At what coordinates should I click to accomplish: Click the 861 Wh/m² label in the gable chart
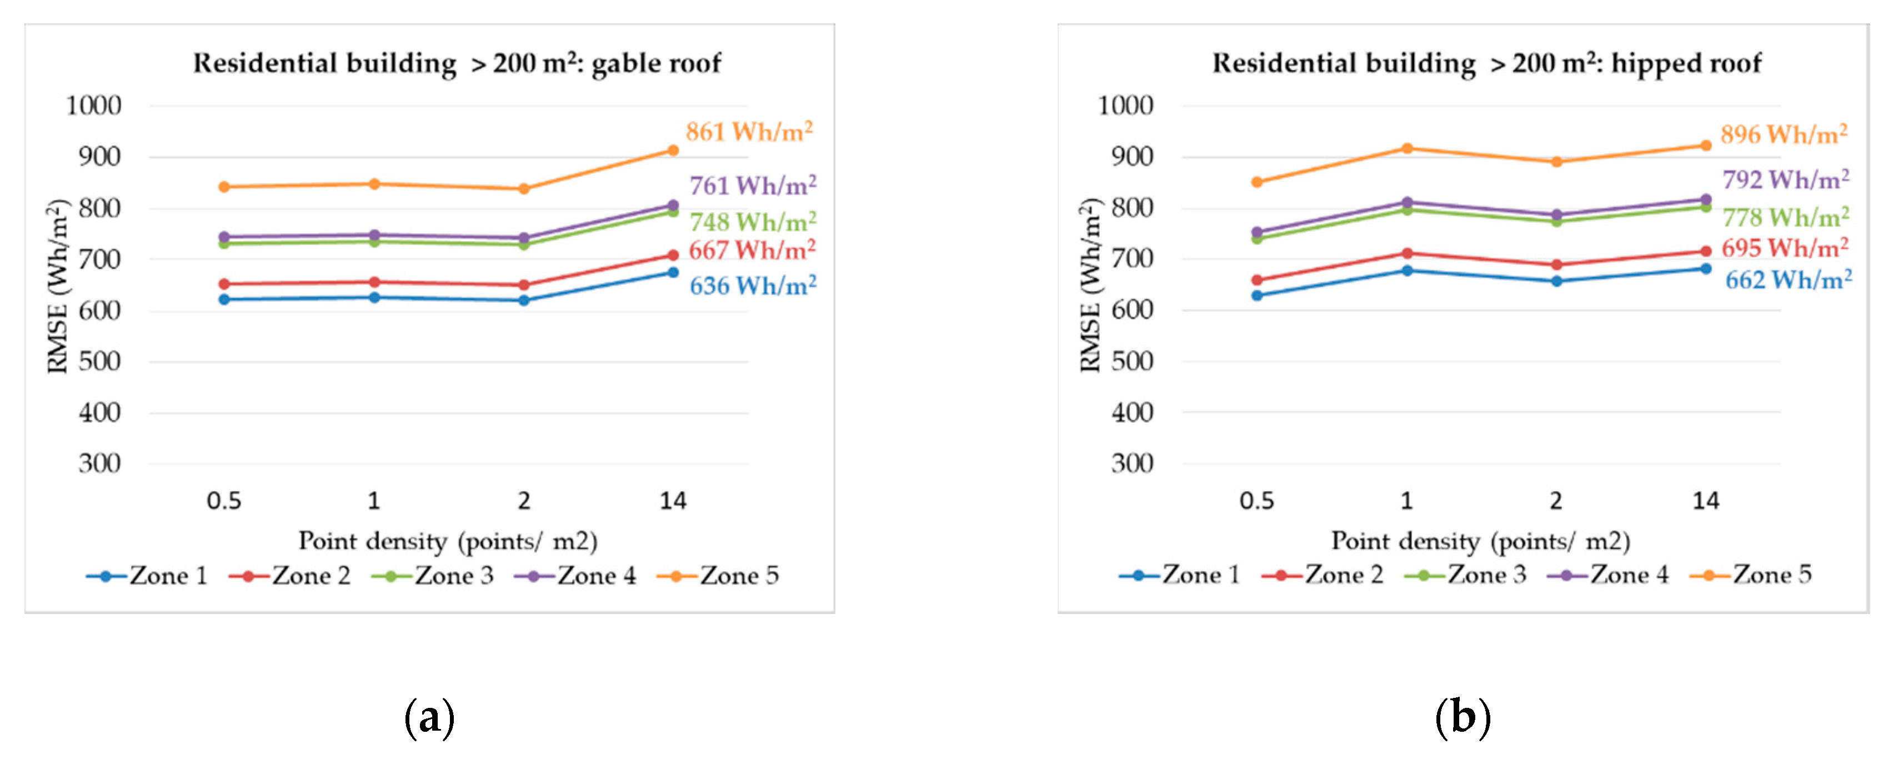749,132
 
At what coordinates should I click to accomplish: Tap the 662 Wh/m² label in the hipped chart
1788,280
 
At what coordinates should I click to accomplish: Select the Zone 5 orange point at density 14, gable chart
673,151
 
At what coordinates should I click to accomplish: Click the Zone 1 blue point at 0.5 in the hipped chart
1256,296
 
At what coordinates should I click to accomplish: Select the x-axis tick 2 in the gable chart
523,501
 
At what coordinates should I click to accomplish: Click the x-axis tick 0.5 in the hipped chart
1256,501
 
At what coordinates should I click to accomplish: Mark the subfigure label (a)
429,717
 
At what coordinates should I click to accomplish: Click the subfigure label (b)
1463,717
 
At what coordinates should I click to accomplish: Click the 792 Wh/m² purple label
1786,180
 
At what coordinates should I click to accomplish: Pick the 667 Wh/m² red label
752,251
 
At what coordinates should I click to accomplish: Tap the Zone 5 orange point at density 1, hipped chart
1406,148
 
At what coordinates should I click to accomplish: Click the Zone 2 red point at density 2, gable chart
523,285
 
